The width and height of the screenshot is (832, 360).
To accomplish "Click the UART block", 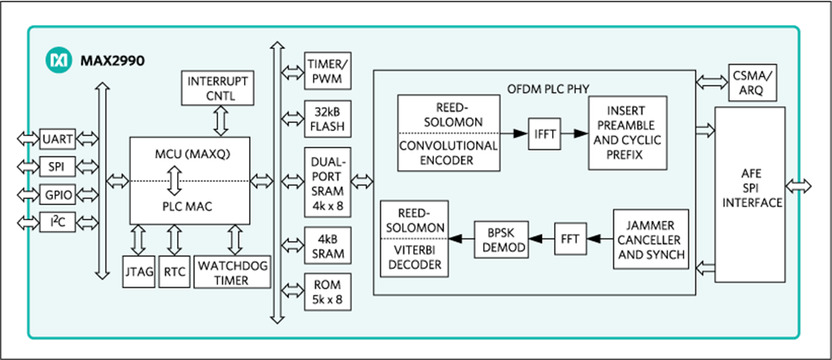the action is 58,138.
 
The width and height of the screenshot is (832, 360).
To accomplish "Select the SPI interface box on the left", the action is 58,167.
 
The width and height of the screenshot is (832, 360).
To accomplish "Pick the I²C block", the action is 58,222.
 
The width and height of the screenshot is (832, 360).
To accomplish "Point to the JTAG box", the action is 138,272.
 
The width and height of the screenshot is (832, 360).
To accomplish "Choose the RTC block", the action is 174,272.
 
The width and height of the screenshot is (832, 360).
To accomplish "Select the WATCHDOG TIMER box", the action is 232,272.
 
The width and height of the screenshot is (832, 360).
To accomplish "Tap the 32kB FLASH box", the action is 327,119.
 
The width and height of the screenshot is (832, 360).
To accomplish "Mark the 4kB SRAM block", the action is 327,246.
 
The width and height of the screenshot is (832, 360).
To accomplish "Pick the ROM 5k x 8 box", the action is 327,291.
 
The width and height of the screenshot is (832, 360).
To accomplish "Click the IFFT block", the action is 544,135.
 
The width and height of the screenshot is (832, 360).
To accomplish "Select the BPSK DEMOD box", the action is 499,240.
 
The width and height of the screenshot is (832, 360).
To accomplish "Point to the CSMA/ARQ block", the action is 754,82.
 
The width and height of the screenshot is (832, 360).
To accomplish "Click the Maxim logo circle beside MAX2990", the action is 58,60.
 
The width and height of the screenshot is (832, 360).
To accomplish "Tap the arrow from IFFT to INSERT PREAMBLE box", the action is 574,135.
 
